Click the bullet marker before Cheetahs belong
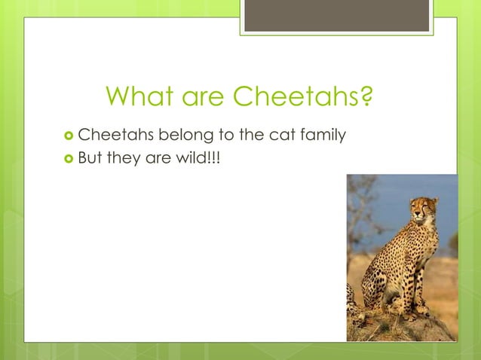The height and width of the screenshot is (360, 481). coord(69,136)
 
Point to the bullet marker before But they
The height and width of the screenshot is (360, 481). coord(69,159)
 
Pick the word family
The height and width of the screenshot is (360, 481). coord(322,136)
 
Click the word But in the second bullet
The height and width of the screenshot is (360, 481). coord(90,158)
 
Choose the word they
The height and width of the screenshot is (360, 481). coord(126,159)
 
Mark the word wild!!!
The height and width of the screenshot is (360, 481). coord(198,158)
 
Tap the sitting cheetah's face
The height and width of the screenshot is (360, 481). coord(420,210)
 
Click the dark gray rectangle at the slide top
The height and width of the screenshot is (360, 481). coord(336,16)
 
